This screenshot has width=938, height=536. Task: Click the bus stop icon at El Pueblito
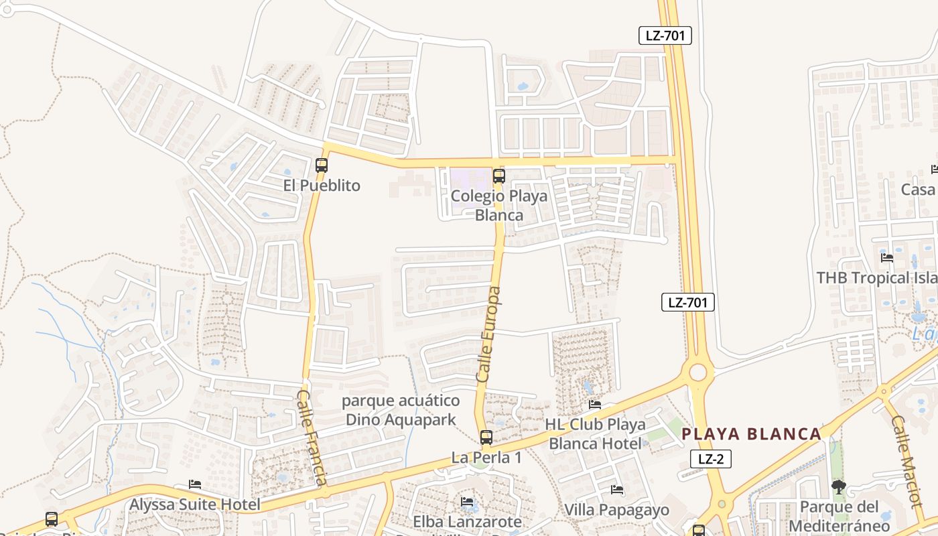pos(322,165)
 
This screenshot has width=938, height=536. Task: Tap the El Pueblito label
pos(322,186)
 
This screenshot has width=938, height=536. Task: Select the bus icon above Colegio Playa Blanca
pos(498,176)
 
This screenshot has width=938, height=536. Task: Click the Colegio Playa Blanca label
pos(499,205)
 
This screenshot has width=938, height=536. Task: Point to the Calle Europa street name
pos(488,335)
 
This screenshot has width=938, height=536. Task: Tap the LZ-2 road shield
pos(710,459)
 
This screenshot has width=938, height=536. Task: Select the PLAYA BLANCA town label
pos(751,434)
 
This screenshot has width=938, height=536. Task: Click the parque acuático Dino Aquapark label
pos(401,410)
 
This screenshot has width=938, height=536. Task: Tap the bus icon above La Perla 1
pos(486,438)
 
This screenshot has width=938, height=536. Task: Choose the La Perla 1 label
pos(486,458)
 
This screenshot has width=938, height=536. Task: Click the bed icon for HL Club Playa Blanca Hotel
pos(595,404)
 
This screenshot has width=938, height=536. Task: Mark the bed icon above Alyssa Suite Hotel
pos(195,484)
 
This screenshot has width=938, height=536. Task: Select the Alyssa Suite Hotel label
pos(195,505)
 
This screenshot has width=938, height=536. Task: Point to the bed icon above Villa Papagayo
pos(617,490)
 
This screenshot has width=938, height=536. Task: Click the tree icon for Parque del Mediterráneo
pos(838,487)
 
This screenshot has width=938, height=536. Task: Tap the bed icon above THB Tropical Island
pos(887,257)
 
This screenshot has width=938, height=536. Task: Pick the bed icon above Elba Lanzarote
pos(467,501)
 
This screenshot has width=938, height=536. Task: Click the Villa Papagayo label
pos(617,510)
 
